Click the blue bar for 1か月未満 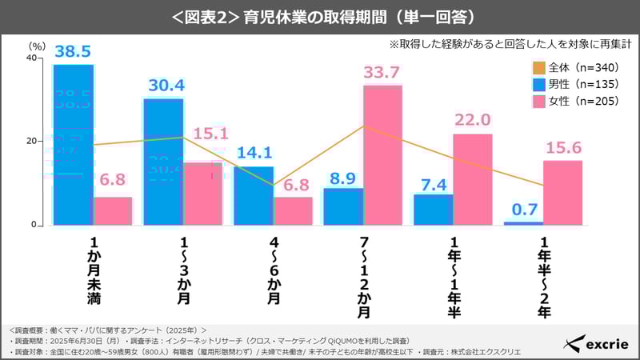74,144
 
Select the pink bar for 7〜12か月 382,154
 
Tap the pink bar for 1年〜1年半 473,179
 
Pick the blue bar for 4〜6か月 254,195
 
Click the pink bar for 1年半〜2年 562,193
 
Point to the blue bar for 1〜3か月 163,161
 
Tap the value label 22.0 472,120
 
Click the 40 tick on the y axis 32,58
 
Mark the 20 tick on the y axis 32,142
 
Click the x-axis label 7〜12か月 365,276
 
